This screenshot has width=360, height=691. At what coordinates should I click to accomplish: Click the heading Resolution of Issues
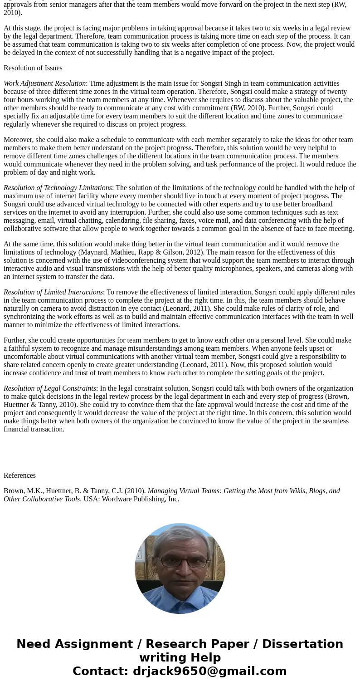click(33, 68)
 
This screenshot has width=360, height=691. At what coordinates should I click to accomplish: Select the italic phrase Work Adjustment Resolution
click(44, 83)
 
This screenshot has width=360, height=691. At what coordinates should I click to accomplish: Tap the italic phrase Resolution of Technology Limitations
click(58, 188)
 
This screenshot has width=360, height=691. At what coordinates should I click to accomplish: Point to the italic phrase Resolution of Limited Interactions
click(53, 292)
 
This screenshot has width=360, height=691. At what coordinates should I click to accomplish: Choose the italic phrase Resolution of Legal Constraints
click(50, 388)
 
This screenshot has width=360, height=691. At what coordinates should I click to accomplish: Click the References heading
click(19, 475)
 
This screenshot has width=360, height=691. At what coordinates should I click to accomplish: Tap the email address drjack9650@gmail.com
click(209, 671)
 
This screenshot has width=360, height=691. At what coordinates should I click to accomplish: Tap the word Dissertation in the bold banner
click(302, 644)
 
